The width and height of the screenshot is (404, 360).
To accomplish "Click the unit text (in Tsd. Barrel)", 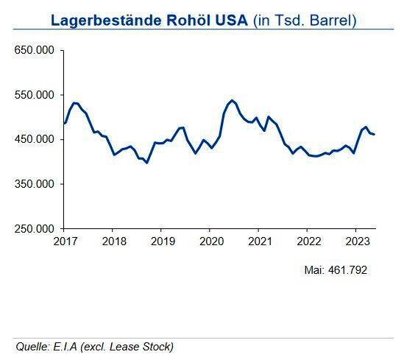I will point(305,19).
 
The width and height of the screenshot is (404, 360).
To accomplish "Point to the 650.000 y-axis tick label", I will point(34,51).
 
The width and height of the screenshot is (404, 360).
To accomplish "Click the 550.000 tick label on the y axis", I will point(34,95).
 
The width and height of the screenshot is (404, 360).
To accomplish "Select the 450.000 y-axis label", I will point(34,139).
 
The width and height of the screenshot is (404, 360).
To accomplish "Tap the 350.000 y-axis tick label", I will point(34,184).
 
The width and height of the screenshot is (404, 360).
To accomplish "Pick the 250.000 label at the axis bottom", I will point(34,228).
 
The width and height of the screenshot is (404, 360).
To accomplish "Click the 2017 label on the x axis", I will point(64,241).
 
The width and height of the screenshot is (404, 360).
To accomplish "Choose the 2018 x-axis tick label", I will point(113,241).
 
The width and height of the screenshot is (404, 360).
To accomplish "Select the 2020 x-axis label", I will point(210,241).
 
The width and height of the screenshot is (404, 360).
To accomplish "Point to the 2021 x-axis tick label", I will point(259,241).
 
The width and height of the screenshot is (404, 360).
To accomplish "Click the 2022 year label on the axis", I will point(308,241).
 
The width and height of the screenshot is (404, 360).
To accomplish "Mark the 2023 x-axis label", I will point(357,241).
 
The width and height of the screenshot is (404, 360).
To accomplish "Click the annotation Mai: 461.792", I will point(336,270).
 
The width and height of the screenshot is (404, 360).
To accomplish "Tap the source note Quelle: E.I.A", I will point(94,346).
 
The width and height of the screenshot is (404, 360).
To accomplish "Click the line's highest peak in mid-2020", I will point(232,100).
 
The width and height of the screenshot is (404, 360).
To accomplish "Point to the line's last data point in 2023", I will point(374,134).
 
